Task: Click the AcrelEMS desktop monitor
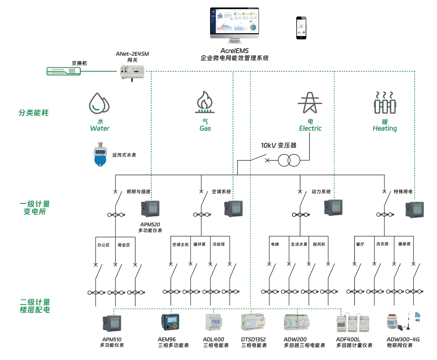(x=234, y=24)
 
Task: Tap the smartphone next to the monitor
(x=301, y=28)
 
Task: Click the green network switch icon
(x=64, y=71)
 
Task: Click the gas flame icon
(x=205, y=102)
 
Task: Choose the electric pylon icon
(x=310, y=103)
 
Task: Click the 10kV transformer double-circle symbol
(x=289, y=160)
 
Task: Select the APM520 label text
(x=150, y=224)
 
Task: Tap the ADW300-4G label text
(x=403, y=339)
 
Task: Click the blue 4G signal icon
(x=417, y=316)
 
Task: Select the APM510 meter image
(x=112, y=323)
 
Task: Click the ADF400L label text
(x=348, y=339)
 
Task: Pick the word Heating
(x=385, y=128)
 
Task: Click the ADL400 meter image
(x=213, y=322)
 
